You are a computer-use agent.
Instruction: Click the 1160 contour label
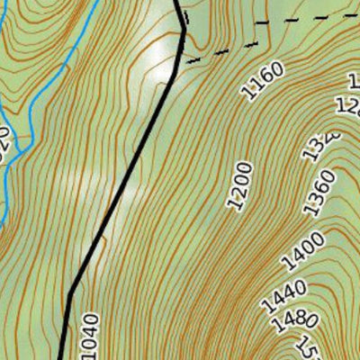pyautogui.click(x=263, y=79)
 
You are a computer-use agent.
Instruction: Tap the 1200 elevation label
pyautogui.click(x=239, y=186)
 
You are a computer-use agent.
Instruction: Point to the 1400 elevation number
pyautogui.click(x=302, y=251)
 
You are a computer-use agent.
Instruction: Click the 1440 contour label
pyautogui.click(x=283, y=298)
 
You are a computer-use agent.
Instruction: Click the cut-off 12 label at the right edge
pyautogui.click(x=349, y=104)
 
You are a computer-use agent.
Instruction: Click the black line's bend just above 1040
pyautogui.click(x=70, y=292)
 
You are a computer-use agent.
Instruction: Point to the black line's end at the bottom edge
pyautogui.click(x=61, y=357)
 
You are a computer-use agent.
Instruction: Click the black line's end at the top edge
pyautogui.click(x=175, y=2)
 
